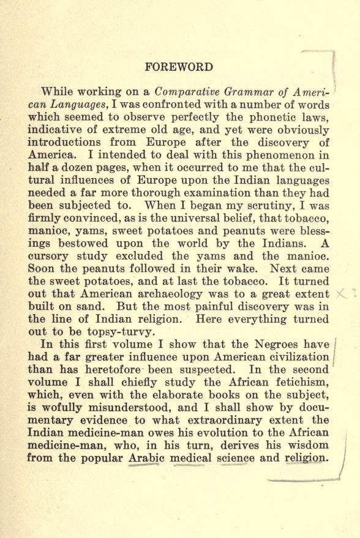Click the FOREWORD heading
(179, 67)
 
